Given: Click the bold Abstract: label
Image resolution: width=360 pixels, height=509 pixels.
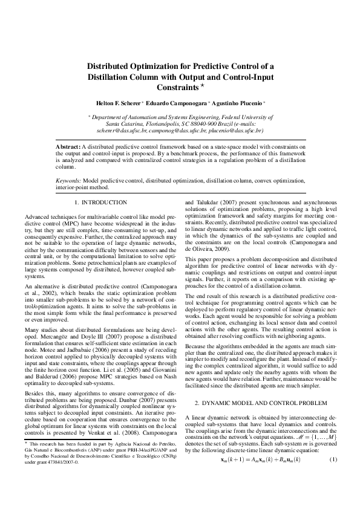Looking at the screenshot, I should [68, 147].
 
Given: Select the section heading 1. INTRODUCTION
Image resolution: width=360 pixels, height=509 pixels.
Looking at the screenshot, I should [100, 203].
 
